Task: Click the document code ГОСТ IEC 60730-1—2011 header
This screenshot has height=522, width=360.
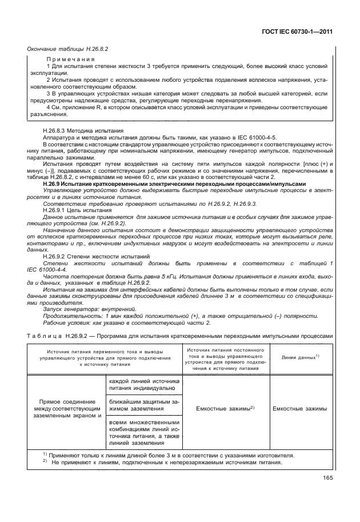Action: (x=297, y=33)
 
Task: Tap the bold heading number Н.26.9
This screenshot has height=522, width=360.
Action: (x=54, y=184)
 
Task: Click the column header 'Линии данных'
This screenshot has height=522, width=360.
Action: (x=301, y=357)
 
